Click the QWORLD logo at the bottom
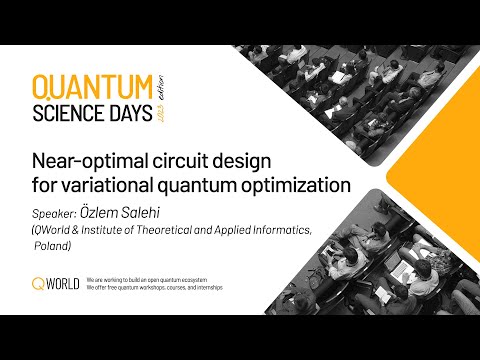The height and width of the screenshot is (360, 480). coord(55,284)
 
